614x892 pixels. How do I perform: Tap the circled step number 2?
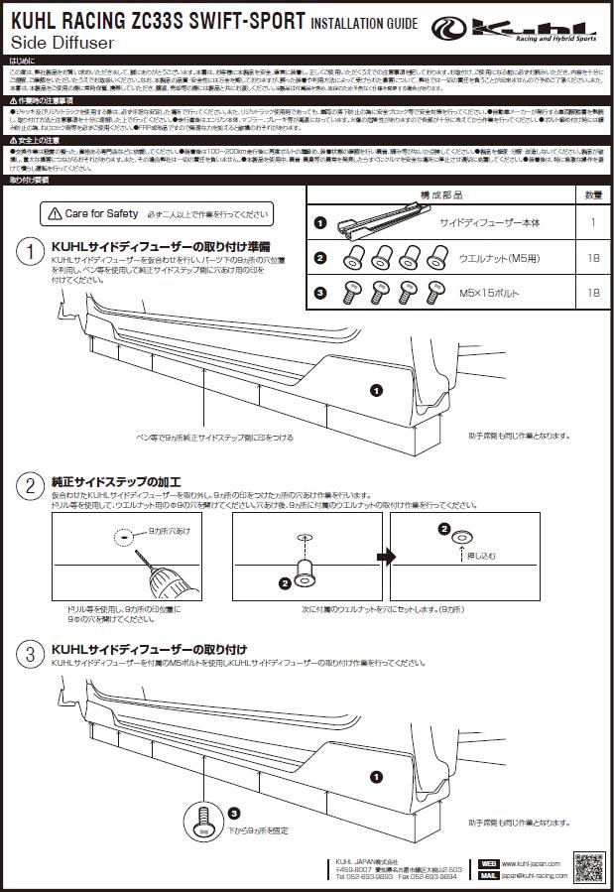click(33, 485)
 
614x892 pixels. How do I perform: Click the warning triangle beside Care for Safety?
click(53, 213)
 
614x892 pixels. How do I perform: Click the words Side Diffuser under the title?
click(61, 44)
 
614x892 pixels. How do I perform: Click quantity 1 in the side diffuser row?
click(592, 223)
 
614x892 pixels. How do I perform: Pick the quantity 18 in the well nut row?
click(592, 258)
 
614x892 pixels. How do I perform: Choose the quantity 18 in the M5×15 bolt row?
click(592, 293)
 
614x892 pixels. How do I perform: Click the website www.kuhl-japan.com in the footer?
click(531, 864)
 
